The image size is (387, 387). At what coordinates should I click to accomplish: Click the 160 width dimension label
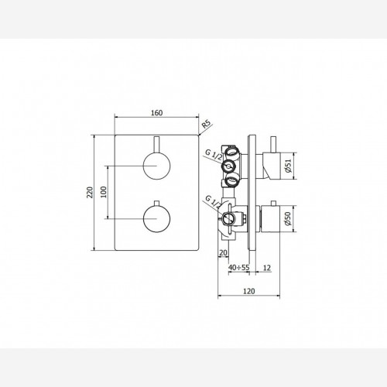point(156,113)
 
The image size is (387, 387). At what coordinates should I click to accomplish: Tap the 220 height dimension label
point(90,192)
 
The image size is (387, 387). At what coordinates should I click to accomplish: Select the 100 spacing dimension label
point(103,192)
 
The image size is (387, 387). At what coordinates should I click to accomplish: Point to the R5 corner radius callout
point(206,124)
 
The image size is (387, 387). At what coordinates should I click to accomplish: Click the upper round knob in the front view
point(156,166)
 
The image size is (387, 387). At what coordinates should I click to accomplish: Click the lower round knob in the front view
point(156,219)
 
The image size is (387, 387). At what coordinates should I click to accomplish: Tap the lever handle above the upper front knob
point(156,145)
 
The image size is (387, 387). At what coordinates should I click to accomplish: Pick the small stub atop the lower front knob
point(156,203)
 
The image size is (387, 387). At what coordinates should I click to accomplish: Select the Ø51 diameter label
point(288,166)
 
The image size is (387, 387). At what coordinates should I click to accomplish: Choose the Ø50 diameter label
point(288,219)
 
